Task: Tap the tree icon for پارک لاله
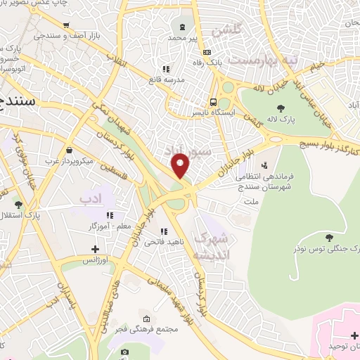click(x=281, y=108)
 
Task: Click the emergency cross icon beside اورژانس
click(x=95, y=249)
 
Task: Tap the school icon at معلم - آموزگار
click(x=109, y=215)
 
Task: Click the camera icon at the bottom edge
click(x=124, y=352)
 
